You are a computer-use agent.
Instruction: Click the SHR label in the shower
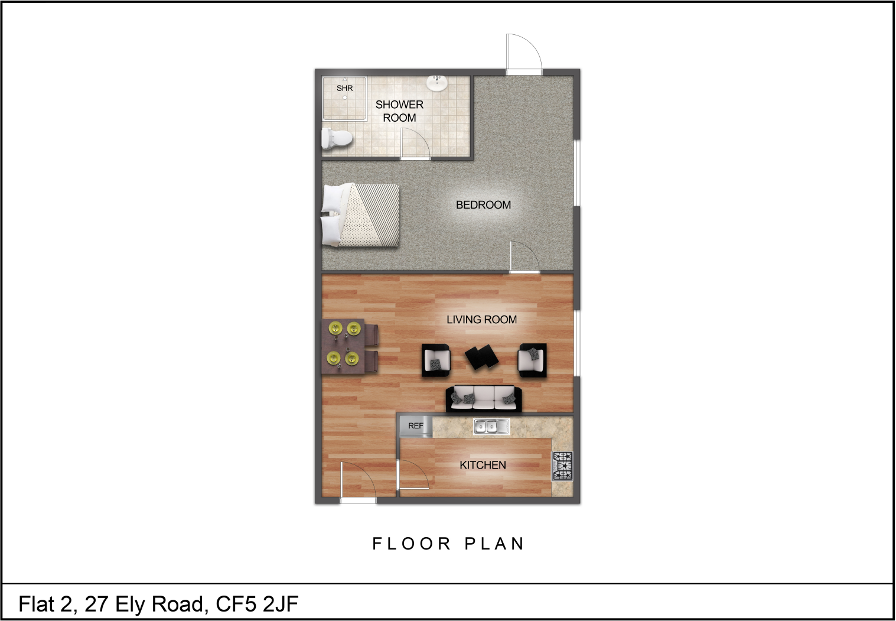click(x=344, y=88)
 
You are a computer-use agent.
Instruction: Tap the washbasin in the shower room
click(x=437, y=83)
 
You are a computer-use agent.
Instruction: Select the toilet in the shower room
click(x=337, y=139)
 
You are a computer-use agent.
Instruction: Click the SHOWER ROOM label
click(x=399, y=111)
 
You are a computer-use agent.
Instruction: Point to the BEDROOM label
click(x=483, y=205)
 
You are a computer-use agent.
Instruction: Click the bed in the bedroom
click(x=360, y=215)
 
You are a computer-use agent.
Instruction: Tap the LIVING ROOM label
click(x=481, y=320)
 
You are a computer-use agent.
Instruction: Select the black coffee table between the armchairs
click(x=481, y=356)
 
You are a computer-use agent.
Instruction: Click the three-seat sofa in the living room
click(x=484, y=398)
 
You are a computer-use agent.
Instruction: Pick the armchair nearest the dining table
click(x=436, y=360)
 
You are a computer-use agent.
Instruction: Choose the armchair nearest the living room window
click(x=532, y=360)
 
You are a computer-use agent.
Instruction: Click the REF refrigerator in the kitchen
click(x=416, y=426)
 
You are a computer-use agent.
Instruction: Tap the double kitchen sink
click(x=491, y=427)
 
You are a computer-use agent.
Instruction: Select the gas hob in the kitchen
click(x=563, y=466)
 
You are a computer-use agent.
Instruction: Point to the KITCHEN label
click(x=483, y=465)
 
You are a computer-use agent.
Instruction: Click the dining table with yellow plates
click(x=344, y=346)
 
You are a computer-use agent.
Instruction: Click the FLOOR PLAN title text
click(x=448, y=544)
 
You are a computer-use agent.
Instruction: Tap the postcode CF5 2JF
click(x=257, y=604)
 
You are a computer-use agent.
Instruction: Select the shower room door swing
click(x=415, y=144)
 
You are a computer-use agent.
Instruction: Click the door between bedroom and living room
click(x=524, y=257)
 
